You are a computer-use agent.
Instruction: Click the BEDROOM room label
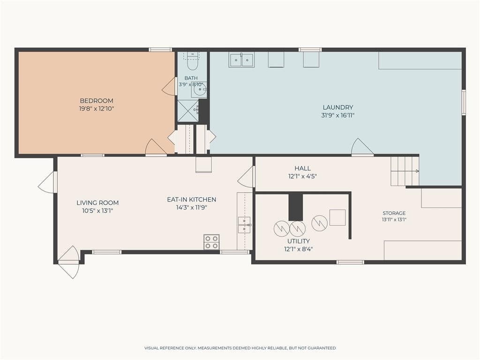coord(97,101)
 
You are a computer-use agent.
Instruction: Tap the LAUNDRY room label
coord(337,107)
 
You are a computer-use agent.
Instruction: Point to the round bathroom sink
coord(199,90)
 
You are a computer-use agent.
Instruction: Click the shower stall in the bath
coord(188,111)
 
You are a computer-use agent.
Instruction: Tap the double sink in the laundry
coord(241,60)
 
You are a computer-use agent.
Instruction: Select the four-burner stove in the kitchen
coord(211,242)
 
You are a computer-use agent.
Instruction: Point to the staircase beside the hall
coord(405,171)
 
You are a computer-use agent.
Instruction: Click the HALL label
coord(302,168)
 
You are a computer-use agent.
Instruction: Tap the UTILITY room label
coord(299,241)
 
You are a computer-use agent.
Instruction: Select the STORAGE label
coord(394,213)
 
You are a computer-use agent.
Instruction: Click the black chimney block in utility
coord(295,207)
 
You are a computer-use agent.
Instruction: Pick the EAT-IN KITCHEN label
coord(192,200)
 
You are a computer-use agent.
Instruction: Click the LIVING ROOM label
coord(97,202)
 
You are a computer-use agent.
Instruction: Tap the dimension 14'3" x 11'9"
coord(192,208)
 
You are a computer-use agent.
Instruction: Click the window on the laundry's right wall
coord(464,102)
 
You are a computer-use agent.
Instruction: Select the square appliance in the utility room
coord(337,217)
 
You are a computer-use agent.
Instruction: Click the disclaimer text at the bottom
coord(240,348)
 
